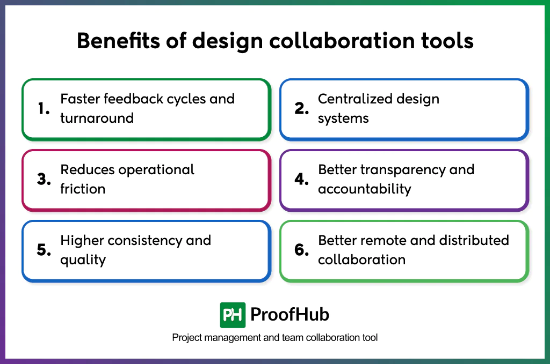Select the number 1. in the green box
click(44, 109)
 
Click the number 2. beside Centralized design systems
click(302, 109)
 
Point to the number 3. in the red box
click(44, 180)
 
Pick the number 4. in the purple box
click(302, 180)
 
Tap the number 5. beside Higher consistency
click(44, 250)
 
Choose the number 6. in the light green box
click(302, 250)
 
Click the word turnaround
click(97, 118)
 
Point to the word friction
click(83, 189)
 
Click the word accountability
click(364, 189)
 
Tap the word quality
click(83, 259)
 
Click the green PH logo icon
click(233, 315)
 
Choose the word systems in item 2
click(343, 118)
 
